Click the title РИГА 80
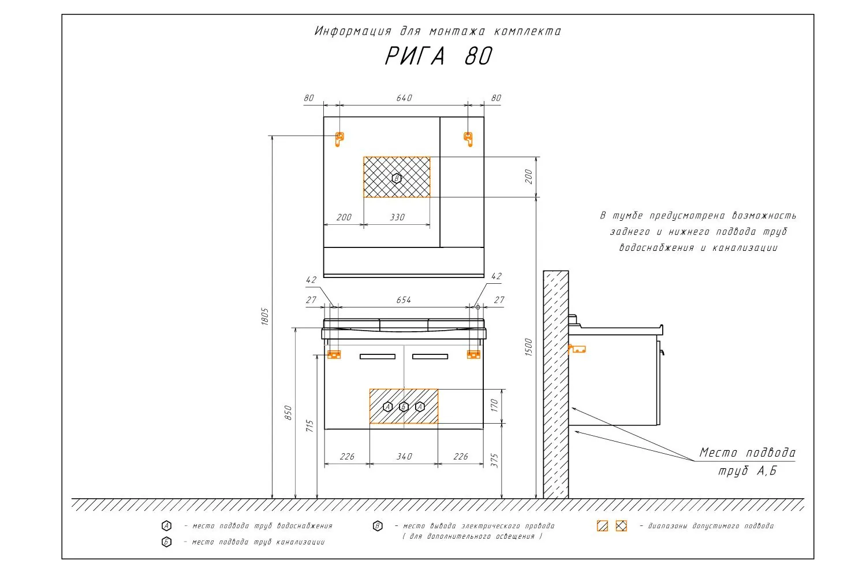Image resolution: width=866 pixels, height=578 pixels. coord(438,56)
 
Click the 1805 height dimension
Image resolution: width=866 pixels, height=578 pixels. coord(265,317)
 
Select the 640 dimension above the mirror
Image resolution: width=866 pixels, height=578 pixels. coord(404,98)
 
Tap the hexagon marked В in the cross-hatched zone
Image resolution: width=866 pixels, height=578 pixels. coord(396,179)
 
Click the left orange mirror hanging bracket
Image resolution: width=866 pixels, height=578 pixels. coord(339,139)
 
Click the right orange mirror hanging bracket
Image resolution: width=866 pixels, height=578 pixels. coord(468,139)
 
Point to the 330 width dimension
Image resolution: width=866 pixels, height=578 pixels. coord(397,217)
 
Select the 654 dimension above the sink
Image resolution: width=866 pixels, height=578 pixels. coord(404,300)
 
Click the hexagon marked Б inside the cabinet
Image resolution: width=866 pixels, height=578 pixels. coord(404,407)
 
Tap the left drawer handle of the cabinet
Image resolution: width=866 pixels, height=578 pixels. coord(378,357)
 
